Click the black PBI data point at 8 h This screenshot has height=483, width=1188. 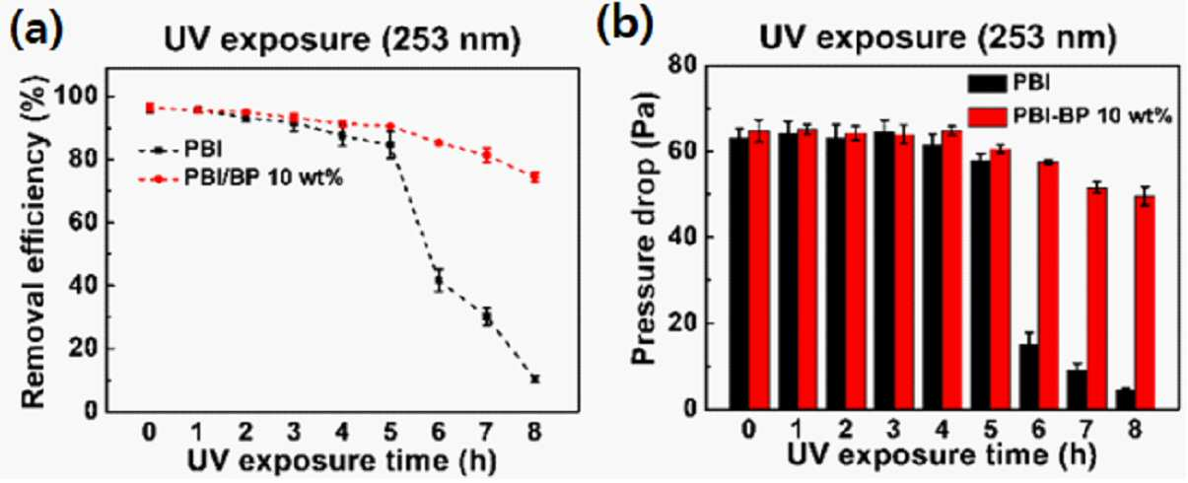point(534,379)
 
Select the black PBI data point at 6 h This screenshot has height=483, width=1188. point(439,281)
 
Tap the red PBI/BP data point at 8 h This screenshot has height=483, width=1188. point(534,177)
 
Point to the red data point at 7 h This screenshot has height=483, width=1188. point(487,156)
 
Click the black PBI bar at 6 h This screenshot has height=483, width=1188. point(1028,377)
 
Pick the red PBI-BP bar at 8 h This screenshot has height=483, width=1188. point(1145,303)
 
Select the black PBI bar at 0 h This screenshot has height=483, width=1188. point(738,273)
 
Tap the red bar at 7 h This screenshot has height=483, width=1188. point(1096,298)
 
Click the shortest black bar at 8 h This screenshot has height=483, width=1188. point(1125,399)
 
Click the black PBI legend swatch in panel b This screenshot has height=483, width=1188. point(987,84)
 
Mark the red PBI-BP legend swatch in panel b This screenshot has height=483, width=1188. point(987,116)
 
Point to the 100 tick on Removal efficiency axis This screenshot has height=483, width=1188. point(75,97)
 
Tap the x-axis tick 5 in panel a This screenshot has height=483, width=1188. point(390,432)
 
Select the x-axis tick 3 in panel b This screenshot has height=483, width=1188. point(893,430)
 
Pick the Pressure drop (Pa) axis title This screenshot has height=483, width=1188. point(644,228)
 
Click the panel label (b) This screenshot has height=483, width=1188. point(625,26)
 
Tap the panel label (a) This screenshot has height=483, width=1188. point(37,31)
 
